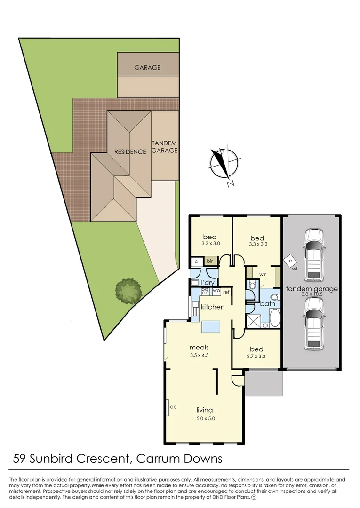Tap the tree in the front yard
128,290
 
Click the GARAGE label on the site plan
147,67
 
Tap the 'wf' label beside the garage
295,270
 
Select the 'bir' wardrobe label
210,261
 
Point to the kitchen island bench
211,327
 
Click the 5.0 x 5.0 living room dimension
205,418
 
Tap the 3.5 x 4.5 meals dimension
199,356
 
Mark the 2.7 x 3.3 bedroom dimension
256,357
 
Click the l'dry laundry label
208,282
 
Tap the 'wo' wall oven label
216,291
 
